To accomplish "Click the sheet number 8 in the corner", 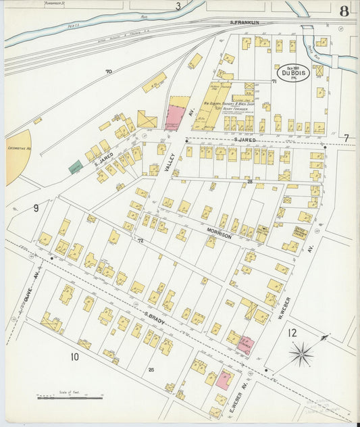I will coord(344,10).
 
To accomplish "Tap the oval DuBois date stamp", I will coord(292,73).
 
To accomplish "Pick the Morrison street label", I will coord(220,236).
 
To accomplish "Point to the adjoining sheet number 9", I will coord(36,208).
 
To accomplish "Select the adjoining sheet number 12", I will coord(291,332).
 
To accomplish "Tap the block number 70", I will coord(108,71).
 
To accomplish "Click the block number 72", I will coord(140,241).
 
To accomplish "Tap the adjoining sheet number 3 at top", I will coord(178,7).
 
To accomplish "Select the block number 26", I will coord(151,369).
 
